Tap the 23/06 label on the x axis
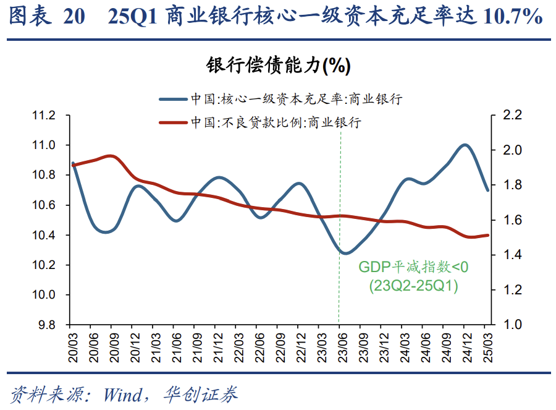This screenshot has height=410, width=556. click(x=340, y=344)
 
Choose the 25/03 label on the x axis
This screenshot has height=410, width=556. click(x=486, y=344)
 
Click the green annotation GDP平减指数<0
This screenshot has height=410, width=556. click(x=414, y=268)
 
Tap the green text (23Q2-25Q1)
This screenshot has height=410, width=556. click(x=414, y=286)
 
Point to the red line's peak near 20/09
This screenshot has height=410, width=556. click(x=111, y=156)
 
